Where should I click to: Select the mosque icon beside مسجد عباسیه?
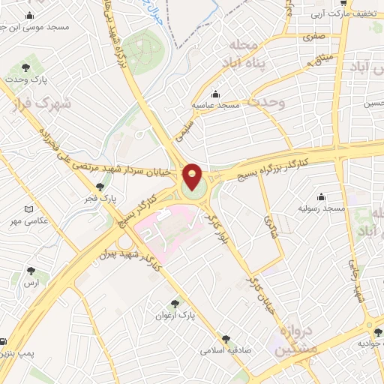click(x=216, y=94)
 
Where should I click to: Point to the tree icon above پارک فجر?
click(x=100, y=186)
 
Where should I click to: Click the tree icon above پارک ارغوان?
click(x=175, y=304)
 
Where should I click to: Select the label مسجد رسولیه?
click(x=322, y=207)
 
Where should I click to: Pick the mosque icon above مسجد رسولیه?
click(x=322, y=195)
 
